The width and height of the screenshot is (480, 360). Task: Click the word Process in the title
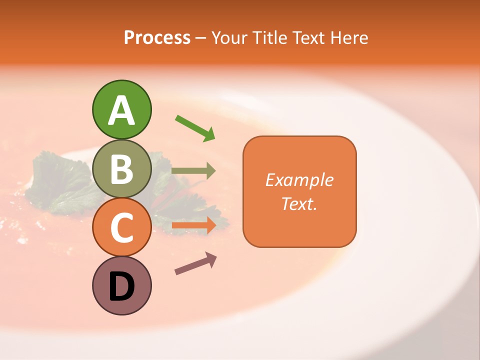point(157,37)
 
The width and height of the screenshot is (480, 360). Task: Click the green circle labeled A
point(122,110)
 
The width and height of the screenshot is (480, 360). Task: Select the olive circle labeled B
point(122,169)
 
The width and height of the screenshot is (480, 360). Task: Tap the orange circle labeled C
point(122,227)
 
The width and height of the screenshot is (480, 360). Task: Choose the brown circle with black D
point(122,286)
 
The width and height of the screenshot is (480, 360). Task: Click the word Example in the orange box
point(299,180)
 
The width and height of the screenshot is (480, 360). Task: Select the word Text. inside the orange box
point(299,203)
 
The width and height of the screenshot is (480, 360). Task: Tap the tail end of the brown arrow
point(176,272)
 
